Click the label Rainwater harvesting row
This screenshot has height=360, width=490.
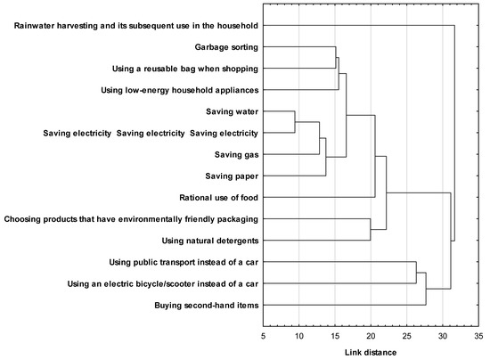tap(136, 26)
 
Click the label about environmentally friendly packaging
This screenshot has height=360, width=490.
tap(131, 218)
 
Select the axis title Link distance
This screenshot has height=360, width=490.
tap(370, 352)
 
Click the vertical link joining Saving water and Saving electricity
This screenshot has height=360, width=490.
tap(294, 122)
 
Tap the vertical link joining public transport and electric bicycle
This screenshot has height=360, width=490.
tap(416, 273)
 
